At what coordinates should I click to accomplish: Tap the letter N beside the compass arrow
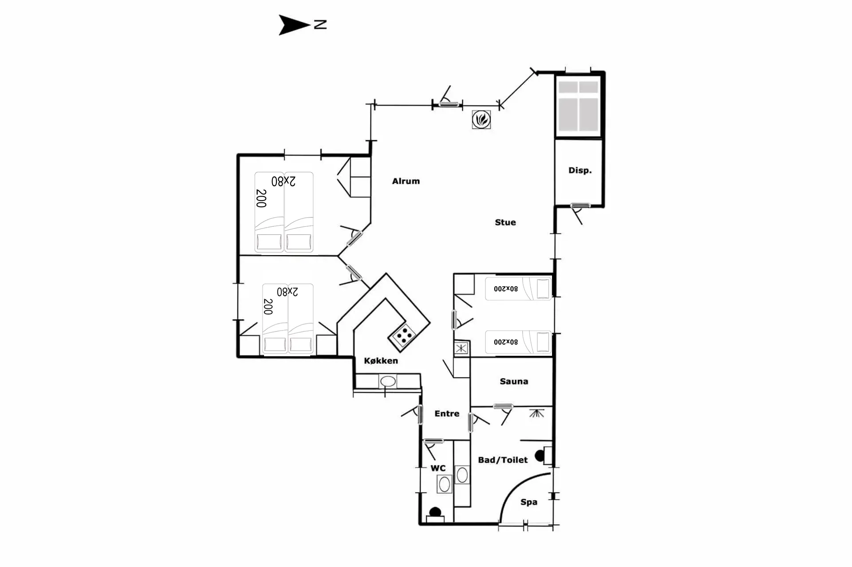pos(320,25)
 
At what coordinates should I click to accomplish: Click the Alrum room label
pos(406,181)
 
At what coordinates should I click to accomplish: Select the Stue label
pos(505,222)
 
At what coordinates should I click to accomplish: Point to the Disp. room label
pos(580,170)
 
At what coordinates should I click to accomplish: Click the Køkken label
pos(381,361)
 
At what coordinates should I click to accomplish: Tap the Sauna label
pos(514,381)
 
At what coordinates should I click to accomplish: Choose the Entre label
pos(447,413)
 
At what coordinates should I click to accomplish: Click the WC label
pos(438,468)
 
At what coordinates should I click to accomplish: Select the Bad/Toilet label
pos(503,460)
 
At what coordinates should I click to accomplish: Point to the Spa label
pos(529,502)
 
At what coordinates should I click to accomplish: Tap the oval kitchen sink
pos(388,381)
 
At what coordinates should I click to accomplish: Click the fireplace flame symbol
pos(481,119)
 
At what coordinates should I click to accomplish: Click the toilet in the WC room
pos(435,515)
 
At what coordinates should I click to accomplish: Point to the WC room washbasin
pos(444,484)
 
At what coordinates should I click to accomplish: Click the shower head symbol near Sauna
pos(536,413)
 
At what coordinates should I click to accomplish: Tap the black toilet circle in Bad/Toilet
pos(540,456)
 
